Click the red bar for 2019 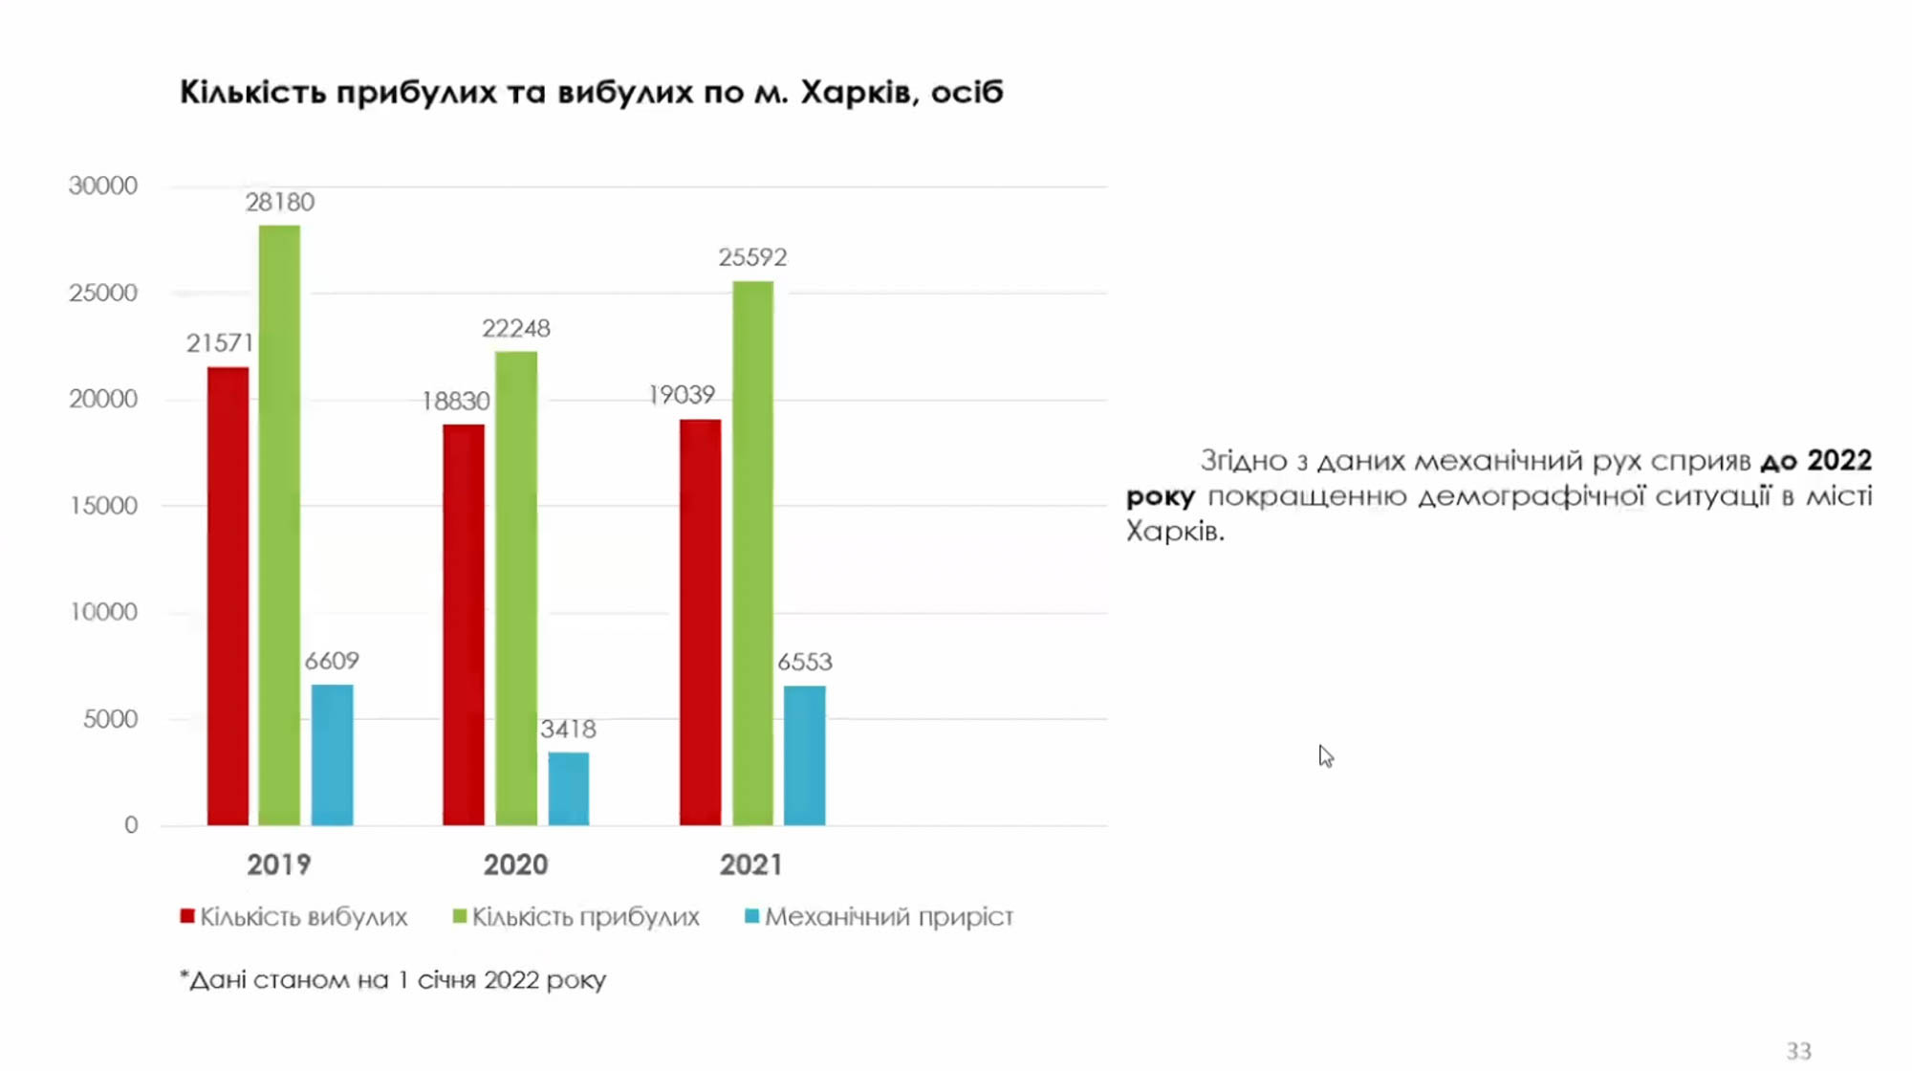point(228,596)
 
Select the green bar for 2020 point(516,588)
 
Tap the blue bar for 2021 point(804,755)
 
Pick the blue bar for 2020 point(568,789)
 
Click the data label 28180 point(279,202)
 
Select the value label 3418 point(568,730)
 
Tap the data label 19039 point(682,395)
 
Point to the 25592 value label point(753,257)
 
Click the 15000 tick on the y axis point(103,506)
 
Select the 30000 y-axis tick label point(103,186)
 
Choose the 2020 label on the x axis point(515,864)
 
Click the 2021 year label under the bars point(751,864)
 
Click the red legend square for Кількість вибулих point(187,916)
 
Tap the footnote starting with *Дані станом point(393,980)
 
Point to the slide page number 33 point(1798,1050)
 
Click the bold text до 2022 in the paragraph point(1815,461)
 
